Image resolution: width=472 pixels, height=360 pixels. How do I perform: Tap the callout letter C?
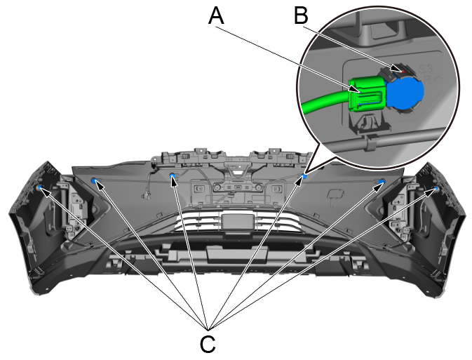[208, 343]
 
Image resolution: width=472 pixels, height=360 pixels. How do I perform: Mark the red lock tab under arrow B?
[400, 69]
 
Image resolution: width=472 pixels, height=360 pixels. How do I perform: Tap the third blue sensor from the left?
[173, 176]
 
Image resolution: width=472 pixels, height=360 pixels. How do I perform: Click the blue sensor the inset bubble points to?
[304, 177]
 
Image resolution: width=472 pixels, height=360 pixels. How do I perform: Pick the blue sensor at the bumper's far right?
[436, 189]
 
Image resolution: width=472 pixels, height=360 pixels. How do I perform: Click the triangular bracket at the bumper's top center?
[237, 168]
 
